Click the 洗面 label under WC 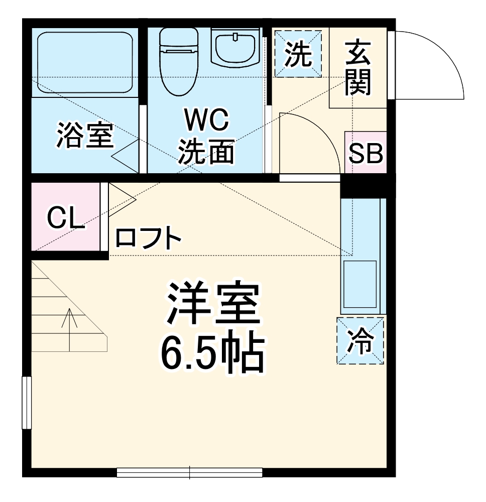206,151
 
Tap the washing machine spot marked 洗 298,54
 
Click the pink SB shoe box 366,153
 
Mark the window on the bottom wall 189,472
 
